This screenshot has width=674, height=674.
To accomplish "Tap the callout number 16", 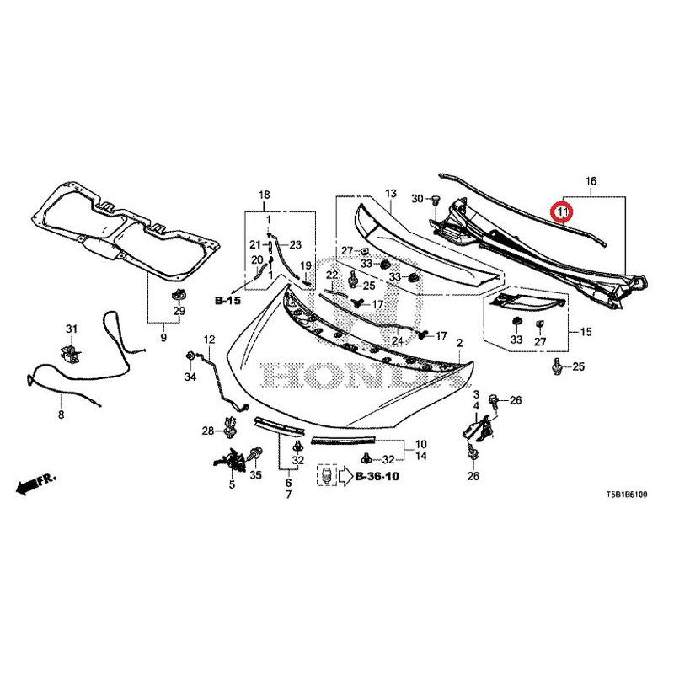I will [591, 181].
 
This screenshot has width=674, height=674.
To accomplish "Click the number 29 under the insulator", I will [179, 313].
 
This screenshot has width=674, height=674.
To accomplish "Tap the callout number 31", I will [72, 329].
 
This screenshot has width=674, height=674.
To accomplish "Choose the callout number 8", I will [61, 415].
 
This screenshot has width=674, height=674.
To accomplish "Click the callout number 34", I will [190, 377].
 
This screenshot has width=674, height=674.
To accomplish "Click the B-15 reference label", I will [227, 299].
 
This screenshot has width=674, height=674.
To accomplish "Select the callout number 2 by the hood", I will [460, 343].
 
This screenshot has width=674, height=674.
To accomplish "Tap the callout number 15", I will [586, 333].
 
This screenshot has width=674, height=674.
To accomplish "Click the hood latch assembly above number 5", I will [231, 461].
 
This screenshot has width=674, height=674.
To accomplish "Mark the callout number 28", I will [208, 431].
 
